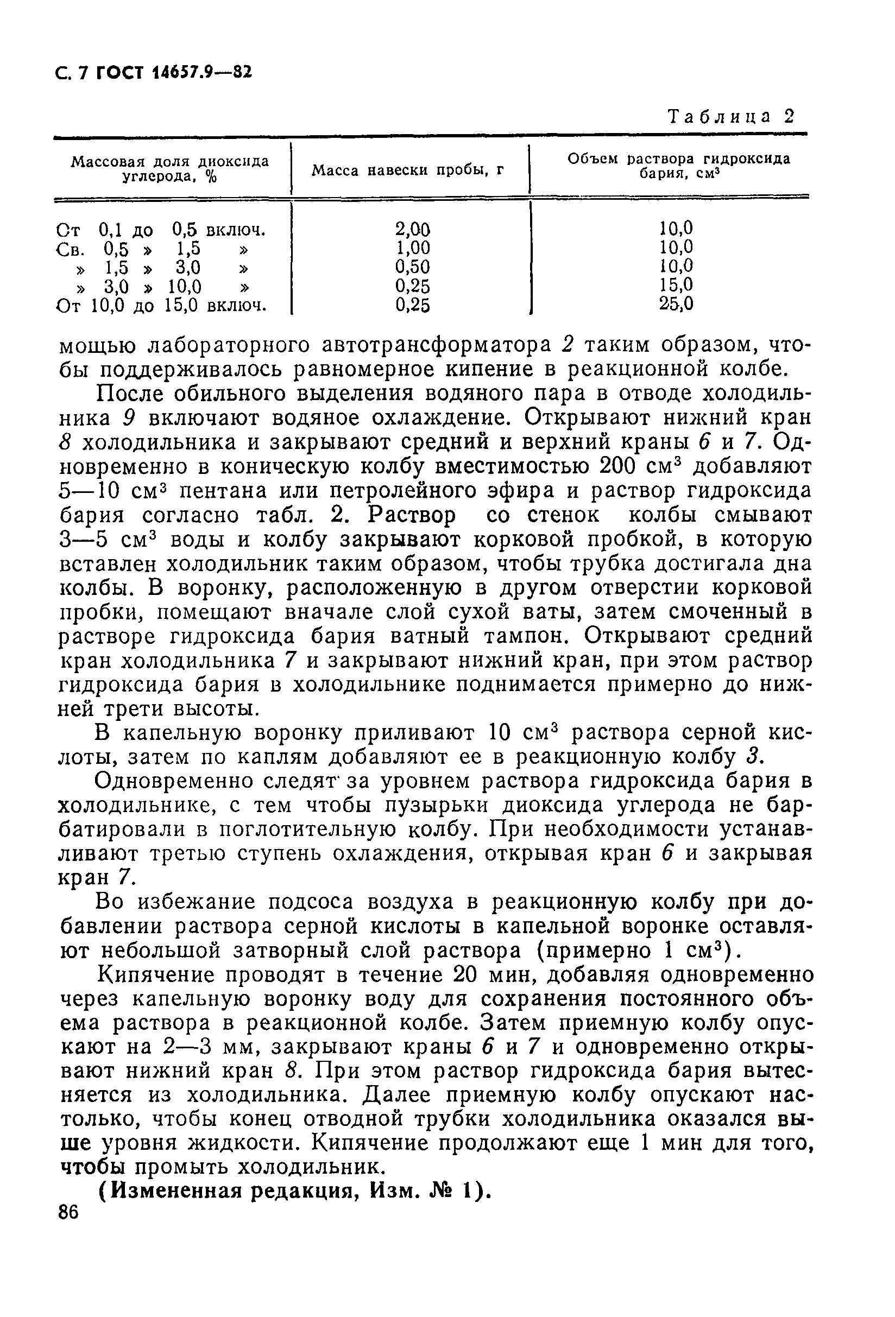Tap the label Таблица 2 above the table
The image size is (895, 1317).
pos(731,117)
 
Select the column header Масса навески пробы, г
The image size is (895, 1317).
pos(407,170)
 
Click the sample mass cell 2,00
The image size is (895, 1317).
pos(412,230)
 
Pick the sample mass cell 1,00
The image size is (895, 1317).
pos(412,248)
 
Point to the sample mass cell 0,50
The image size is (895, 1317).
pos(412,267)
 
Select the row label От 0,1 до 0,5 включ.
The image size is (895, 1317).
pos(161,230)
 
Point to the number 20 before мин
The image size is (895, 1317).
pos(468,976)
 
